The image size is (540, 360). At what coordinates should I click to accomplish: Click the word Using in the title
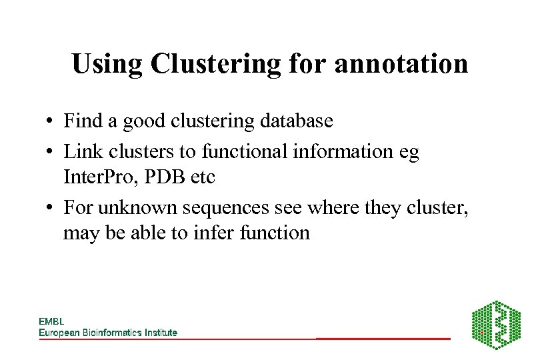[107, 64]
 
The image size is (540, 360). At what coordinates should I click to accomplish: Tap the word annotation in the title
[401, 64]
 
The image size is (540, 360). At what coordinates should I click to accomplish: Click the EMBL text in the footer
[51, 321]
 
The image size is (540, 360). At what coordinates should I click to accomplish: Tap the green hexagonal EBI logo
[496, 325]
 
